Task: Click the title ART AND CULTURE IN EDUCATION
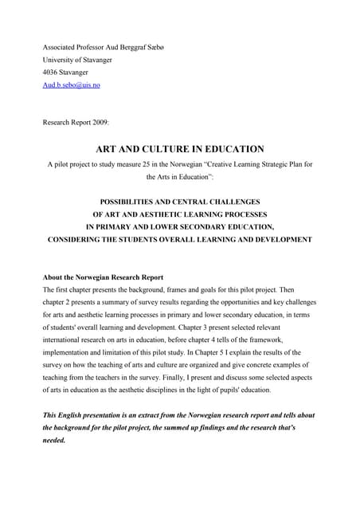point(180,148)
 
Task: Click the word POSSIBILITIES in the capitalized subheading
point(129,201)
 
